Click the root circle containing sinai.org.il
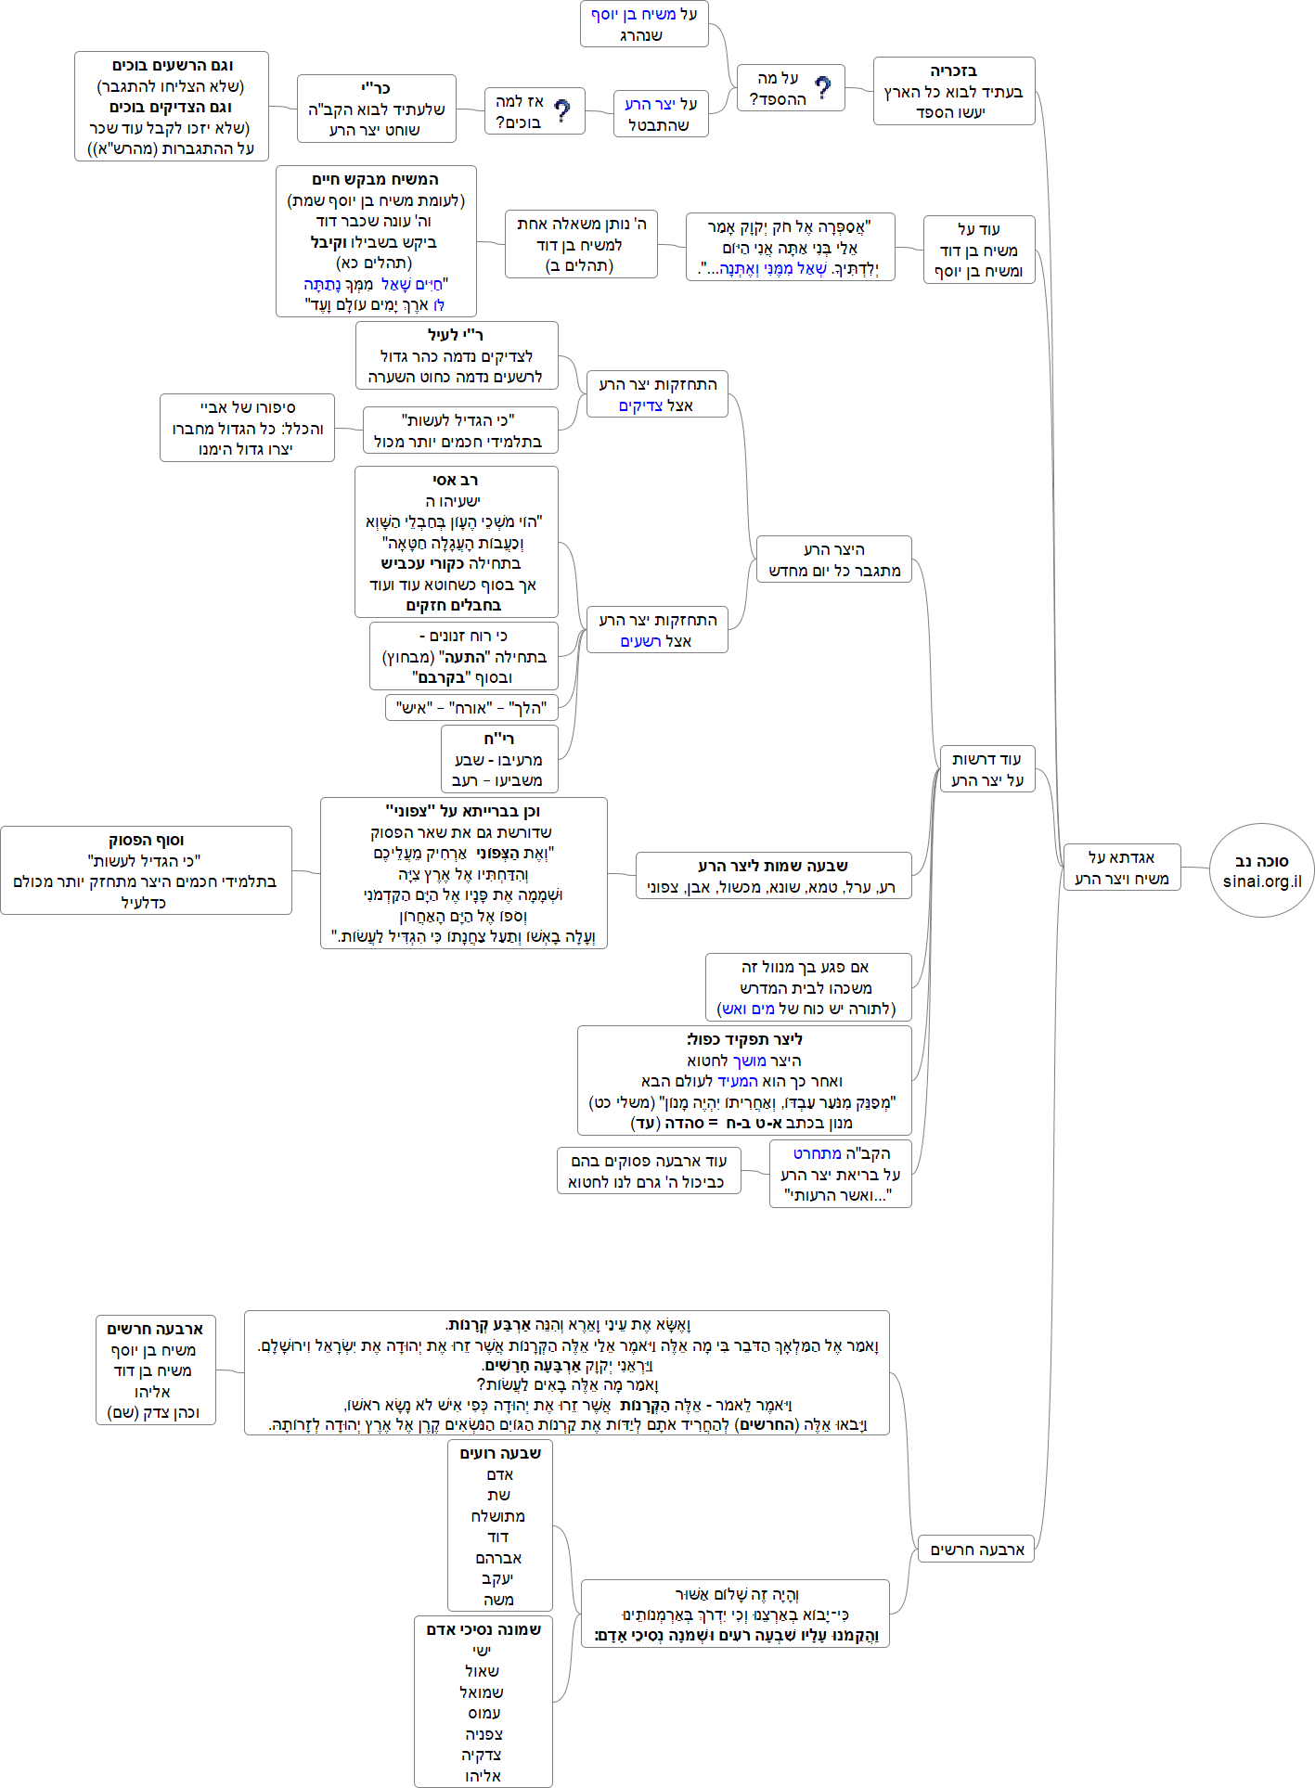coord(1261,870)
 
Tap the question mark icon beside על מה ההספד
coord(822,88)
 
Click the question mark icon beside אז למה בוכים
coord(561,111)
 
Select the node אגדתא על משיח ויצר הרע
coord(1121,868)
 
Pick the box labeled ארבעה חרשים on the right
coord(976,1549)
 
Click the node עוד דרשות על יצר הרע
coord(986,769)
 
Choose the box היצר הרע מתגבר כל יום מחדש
coord(833,560)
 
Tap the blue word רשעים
coord(640,641)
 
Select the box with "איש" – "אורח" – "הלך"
coord(471,708)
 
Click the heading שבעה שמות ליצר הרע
coord(773,866)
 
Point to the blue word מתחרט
coord(817,1153)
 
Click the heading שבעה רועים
coord(500,1453)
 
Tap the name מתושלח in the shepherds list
coord(498,1516)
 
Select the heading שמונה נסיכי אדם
coord(483,1629)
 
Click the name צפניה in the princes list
coord(483,1734)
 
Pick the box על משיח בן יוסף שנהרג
coord(644,24)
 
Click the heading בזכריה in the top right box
coord(954,71)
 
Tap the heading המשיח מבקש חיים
coord(375,179)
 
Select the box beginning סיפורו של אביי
coord(247,428)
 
